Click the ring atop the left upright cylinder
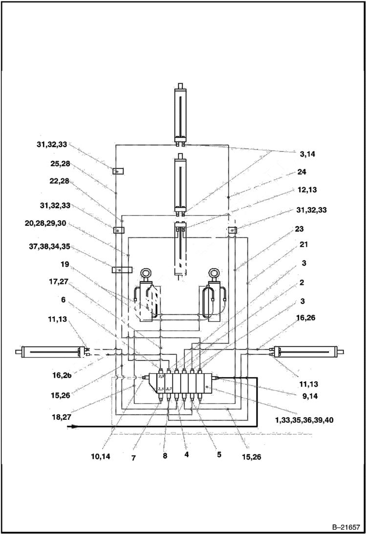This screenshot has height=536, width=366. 146,274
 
